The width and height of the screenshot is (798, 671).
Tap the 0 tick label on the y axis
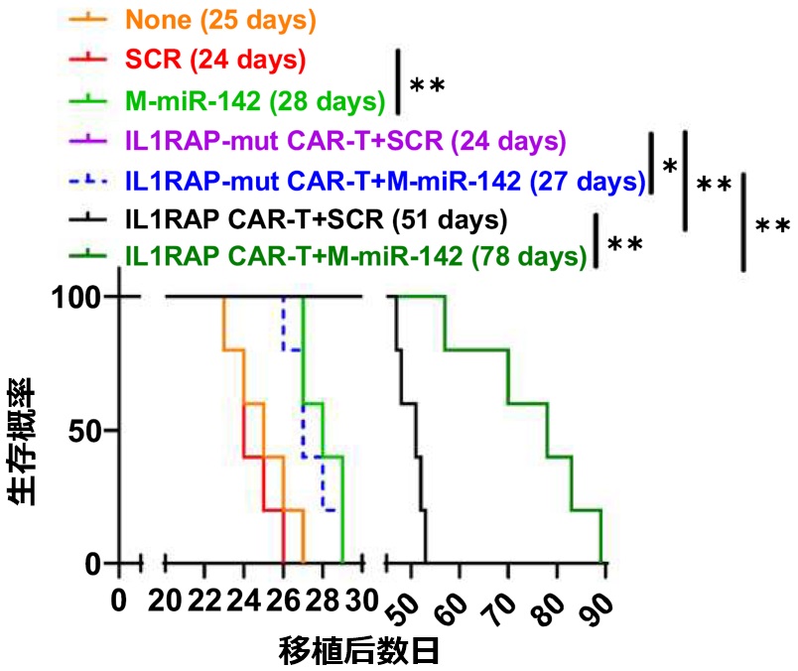click(x=96, y=564)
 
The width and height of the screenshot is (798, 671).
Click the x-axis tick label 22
click(x=200, y=602)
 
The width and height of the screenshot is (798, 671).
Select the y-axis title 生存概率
click(x=27, y=441)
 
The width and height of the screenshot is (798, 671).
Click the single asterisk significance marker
click(x=669, y=168)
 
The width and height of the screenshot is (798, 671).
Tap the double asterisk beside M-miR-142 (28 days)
click(x=426, y=85)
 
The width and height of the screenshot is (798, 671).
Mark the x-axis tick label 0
click(x=119, y=602)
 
